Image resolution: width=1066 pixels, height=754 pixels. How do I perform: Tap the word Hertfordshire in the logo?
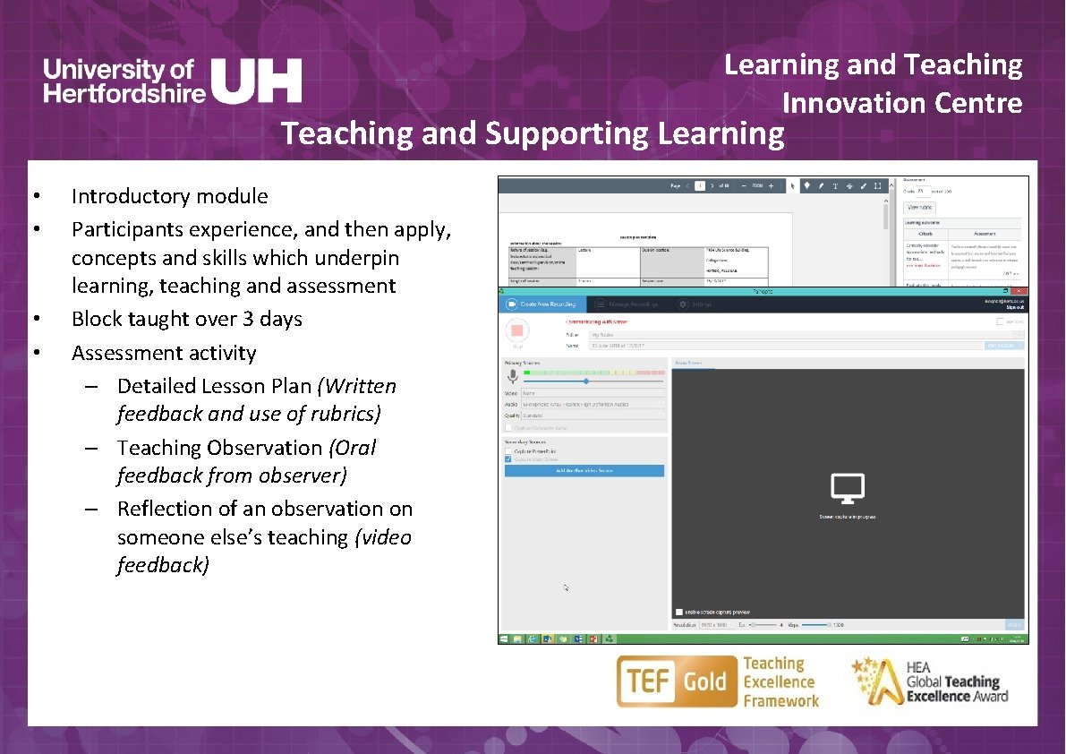click(x=124, y=92)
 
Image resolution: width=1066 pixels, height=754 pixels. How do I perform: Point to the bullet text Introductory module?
click(x=169, y=196)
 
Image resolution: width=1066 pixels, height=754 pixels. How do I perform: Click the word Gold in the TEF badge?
click(x=705, y=682)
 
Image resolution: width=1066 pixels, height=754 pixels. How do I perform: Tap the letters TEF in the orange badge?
click(x=649, y=682)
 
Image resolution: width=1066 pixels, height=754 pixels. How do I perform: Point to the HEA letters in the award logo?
click(x=918, y=667)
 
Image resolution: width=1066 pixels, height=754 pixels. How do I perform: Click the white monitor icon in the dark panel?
click(x=847, y=488)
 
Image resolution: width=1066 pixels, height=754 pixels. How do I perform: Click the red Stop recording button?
click(x=516, y=331)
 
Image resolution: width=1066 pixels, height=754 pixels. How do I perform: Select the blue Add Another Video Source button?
click(x=584, y=470)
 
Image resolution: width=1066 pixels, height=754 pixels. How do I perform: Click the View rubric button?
click(x=919, y=207)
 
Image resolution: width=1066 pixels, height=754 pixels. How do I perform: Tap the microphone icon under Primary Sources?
click(x=513, y=376)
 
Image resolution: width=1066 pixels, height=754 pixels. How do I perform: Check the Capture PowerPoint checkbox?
click(x=508, y=450)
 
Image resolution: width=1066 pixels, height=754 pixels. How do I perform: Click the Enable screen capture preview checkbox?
click(x=680, y=612)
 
